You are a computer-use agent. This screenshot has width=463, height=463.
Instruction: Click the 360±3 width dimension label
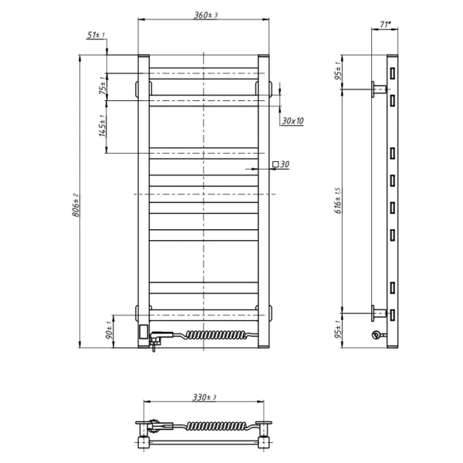[205, 15]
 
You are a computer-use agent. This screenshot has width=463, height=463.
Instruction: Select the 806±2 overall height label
[76, 205]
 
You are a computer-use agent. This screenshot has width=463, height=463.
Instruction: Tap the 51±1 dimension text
[96, 35]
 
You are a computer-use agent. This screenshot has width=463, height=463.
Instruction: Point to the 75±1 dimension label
[103, 85]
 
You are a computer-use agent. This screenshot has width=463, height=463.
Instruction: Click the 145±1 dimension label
[103, 126]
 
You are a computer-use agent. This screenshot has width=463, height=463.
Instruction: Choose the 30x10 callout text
[292, 121]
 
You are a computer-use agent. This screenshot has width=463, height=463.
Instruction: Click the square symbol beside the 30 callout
[275, 164]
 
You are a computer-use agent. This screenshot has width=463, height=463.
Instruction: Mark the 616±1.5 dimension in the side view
[338, 201]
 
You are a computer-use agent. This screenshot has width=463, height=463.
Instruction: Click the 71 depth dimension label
[385, 25]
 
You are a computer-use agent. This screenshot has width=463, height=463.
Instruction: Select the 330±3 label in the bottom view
[204, 397]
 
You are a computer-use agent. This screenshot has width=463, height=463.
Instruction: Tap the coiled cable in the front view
[216, 335]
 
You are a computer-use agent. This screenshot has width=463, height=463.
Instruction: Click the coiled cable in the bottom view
[217, 425]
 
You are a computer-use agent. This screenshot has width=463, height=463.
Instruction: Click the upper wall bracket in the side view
[379, 90]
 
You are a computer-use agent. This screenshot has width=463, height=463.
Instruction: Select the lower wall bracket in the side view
[379, 313]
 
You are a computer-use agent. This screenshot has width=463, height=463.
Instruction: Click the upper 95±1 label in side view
[338, 71]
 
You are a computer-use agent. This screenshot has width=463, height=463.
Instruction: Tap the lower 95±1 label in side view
[338, 330]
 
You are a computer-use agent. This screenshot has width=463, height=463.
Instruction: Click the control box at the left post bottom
[144, 331]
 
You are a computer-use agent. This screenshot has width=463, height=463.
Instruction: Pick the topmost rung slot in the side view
[393, 73]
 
